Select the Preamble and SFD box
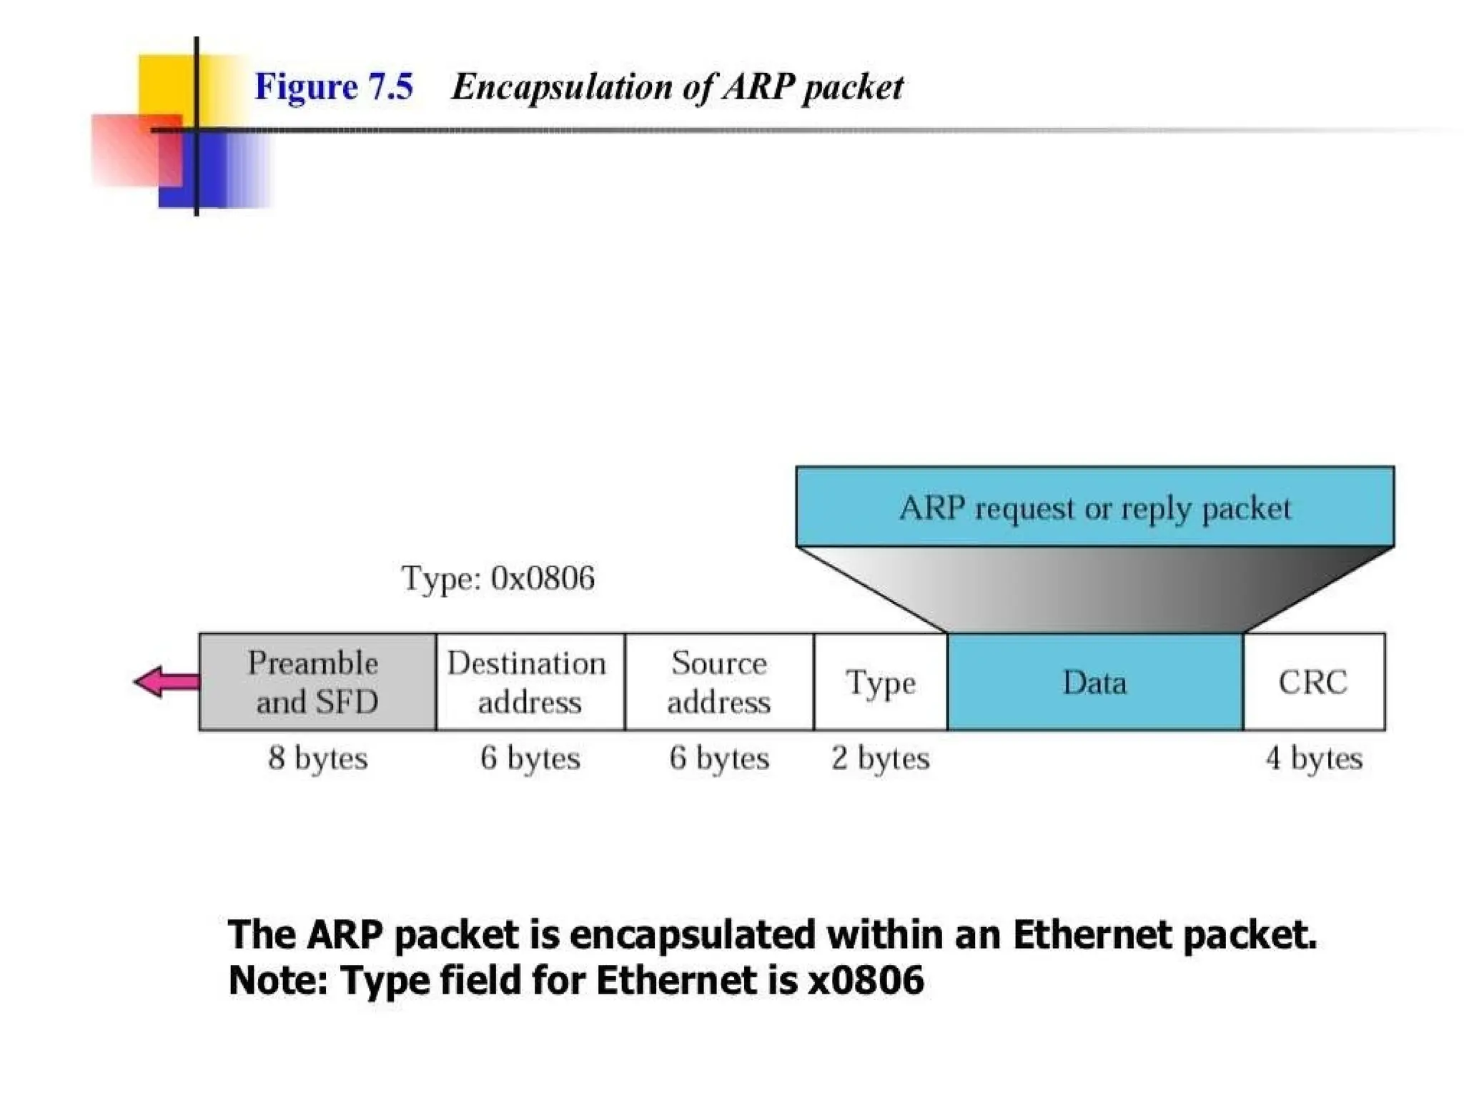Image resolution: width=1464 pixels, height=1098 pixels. pos(317,682)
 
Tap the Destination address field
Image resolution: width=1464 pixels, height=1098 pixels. pos(529,682)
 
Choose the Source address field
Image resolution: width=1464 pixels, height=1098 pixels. pos(718,682)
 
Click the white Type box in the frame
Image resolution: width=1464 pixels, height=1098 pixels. pos(880,682)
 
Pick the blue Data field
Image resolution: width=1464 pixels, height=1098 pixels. pos(1094,682)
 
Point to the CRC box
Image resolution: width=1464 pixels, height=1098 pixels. pos(1313,682)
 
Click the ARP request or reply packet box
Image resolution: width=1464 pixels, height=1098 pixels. pos(1094,508)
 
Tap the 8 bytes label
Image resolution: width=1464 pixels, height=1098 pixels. pos(318,758)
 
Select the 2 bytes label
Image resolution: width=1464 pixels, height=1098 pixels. pos(880,758)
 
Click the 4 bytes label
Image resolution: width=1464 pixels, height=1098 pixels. pos(1314,758)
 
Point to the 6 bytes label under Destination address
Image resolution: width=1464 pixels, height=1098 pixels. pos(530,758)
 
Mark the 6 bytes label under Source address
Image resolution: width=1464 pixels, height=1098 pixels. pos(719,758)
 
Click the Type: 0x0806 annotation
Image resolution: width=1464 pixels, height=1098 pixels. pos(498,578)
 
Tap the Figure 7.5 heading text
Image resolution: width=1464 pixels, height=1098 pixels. pos(334,87)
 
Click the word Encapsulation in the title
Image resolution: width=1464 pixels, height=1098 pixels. pos(562,87)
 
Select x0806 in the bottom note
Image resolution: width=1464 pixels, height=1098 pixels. pos(866,980)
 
